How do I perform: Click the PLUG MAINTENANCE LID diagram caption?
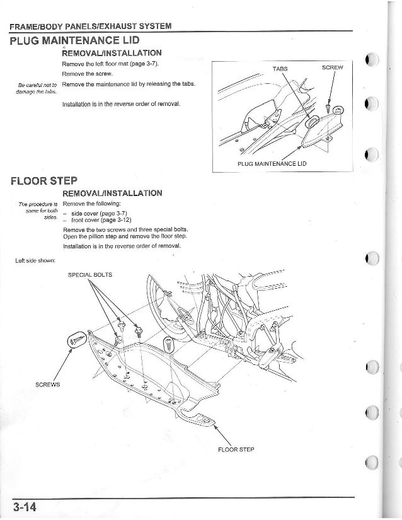[x=272, y=163]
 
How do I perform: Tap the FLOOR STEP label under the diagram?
[x=236, y=450]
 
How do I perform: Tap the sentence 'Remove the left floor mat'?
[x=110, y=64]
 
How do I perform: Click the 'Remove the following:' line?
[x=92, y=204]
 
